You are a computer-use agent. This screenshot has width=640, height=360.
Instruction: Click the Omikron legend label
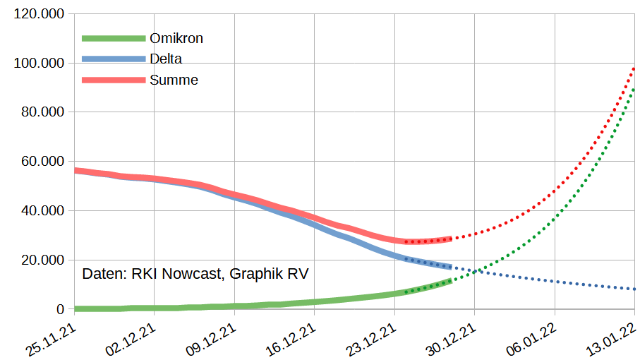pyautogui.click(x=176, y=38)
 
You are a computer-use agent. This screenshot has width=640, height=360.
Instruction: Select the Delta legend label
pyautogui.click(x=166, y=59)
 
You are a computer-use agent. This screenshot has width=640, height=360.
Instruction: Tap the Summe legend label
pyautogui.click(x=174, y=80)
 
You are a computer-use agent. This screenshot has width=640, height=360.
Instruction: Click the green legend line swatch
pyautogui.click(x=113, y=38)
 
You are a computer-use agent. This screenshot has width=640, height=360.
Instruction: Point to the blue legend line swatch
pyautogui.click(x=113, y=59)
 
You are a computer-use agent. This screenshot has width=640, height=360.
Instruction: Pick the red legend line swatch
pyautogui.click(x=113, y=80)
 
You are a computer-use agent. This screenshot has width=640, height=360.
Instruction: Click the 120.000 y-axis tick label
pyautogui.click(x=38, y=14)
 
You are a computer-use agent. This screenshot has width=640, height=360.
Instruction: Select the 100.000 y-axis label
pyautogui.click(x=38, y=64)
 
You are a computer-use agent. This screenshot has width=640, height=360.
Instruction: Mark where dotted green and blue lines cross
pyautogui.click(x=477, y=270)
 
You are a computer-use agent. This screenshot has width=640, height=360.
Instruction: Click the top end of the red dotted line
pyautogui.click(x=634, y=68)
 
